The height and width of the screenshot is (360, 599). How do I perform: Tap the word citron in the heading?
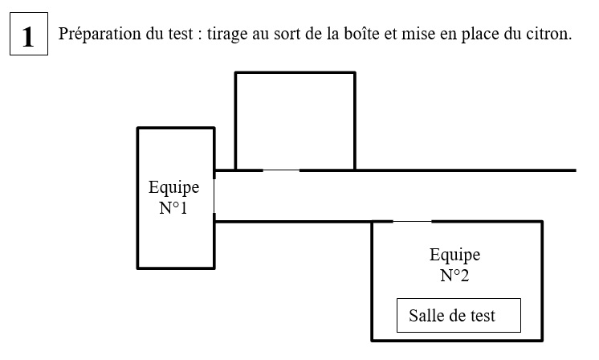(548, 34)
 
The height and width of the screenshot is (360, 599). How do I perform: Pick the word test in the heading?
(181, 34)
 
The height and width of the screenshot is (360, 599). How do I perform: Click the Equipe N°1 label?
(173, 197)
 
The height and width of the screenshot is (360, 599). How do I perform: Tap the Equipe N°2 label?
(454, 264)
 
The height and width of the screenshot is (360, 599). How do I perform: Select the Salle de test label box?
(458, 315)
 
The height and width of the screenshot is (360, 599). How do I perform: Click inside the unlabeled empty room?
(295, 121)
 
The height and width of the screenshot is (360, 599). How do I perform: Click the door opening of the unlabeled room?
(281, 170)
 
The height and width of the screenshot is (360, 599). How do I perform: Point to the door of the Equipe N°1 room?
(214, 195)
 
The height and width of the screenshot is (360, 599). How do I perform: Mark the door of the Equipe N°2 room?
(412, 221)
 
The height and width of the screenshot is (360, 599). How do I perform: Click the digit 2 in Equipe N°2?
(464, 275)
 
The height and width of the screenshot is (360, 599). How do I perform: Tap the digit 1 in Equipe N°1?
(183, 208)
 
